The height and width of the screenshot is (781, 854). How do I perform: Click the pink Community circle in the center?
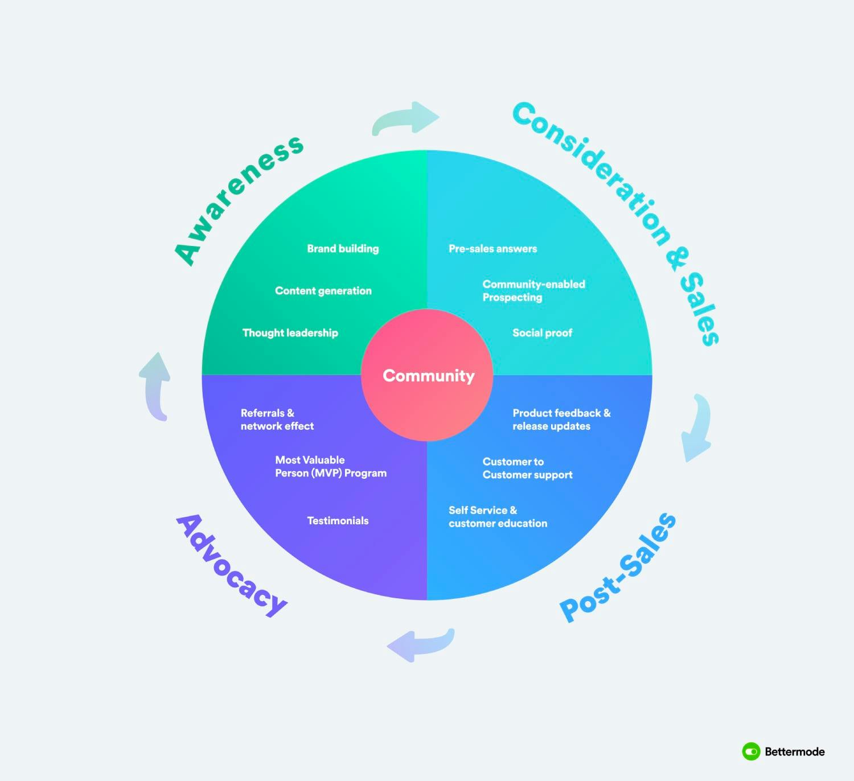(427, 375)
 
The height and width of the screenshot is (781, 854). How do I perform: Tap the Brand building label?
(343, 249)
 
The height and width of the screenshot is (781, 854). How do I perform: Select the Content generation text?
(323, 291)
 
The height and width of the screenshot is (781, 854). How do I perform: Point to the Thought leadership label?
(290, 333)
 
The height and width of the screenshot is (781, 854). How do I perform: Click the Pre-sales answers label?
(492, 249)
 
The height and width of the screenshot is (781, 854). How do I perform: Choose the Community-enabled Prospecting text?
(533, 290)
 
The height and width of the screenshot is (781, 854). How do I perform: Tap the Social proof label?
(542, 333)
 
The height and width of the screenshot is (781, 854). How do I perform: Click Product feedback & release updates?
(561, 420)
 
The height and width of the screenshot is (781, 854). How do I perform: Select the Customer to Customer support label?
(527, 468)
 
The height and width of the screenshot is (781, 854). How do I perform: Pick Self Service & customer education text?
(498, 517)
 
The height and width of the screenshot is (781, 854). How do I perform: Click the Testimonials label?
(338, 521)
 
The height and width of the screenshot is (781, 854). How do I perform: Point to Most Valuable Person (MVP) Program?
(330, 466)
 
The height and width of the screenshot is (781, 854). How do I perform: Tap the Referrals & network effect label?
(277, 420)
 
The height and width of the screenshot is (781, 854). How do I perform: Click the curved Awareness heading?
(238, 199)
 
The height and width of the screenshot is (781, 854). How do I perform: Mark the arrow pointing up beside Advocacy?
(156, 386)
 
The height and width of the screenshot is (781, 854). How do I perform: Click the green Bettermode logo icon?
(751, 751)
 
